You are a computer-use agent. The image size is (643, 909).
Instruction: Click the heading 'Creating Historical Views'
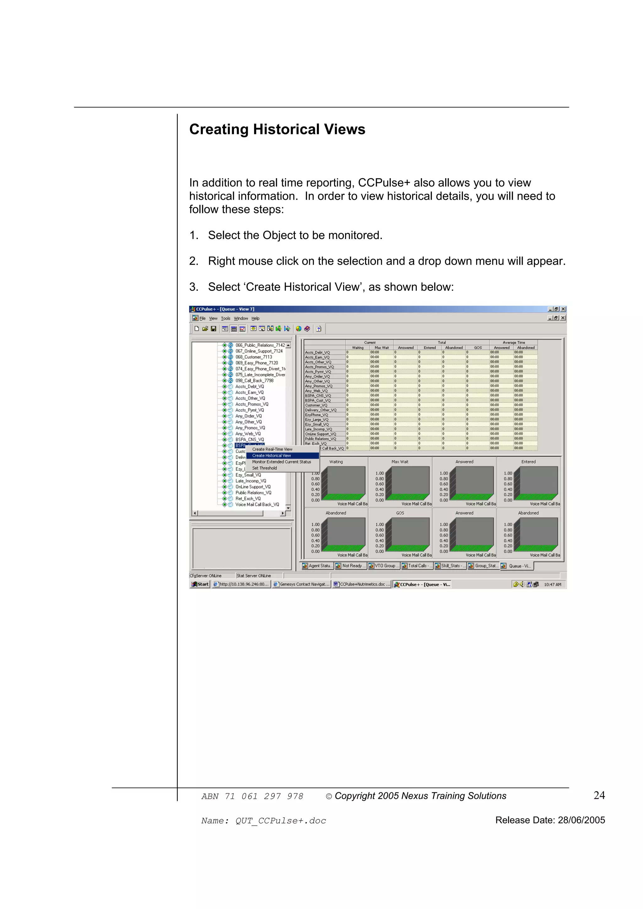coord(277,130)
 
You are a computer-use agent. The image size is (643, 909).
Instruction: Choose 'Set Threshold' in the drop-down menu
coord(264,468)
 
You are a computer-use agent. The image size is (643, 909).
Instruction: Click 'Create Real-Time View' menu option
coord(272,449)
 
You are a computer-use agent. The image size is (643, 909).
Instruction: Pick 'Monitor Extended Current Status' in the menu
coord(281,462)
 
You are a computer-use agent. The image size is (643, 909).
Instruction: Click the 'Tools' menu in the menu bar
coord(225,318)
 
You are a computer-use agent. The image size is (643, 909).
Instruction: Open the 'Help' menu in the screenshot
coord(256,318)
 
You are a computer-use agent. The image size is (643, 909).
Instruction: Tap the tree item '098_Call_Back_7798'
coord(254,380)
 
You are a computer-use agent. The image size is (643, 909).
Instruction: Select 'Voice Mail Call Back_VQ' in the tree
coord(257,504)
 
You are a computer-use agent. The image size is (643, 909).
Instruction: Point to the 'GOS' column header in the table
coord(478,348)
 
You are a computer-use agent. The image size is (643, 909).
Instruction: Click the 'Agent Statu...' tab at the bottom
coord(318,566)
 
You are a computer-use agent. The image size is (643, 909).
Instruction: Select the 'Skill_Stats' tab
coord(451,566)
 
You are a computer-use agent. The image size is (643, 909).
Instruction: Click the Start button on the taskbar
coord(200,584)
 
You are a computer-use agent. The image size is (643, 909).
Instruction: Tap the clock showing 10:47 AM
coord(552,584)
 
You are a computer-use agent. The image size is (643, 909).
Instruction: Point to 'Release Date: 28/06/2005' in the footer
coord(550,820)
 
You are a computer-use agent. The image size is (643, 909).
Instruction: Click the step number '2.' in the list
coord(193,261)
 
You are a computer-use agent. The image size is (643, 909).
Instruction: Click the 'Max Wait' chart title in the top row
coord(400,462)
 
